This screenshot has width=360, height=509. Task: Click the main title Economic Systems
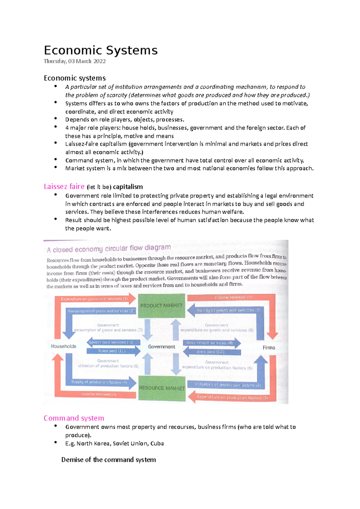coord(100,50)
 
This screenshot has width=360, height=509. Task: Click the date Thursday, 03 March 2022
coord(75,61)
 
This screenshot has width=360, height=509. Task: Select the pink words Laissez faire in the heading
coord(64,186)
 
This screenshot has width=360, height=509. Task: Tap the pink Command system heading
coord(74,418)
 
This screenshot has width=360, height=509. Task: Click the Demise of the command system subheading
coord(109,460)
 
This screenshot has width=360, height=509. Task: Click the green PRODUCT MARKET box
coord(161,305)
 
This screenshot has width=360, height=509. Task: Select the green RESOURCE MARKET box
coord(162,388)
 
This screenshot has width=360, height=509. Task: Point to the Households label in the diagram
coord(63,346)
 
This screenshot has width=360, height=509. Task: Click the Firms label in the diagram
coord(269,347)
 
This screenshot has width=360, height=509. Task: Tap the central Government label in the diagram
coord(161,347)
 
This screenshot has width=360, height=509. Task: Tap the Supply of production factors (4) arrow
coord(99,382)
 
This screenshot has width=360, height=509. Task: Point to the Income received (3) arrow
coord(99,394)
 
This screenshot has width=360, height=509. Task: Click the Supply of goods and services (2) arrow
coord(228,310)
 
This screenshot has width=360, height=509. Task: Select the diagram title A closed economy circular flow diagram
coord(109,249)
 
